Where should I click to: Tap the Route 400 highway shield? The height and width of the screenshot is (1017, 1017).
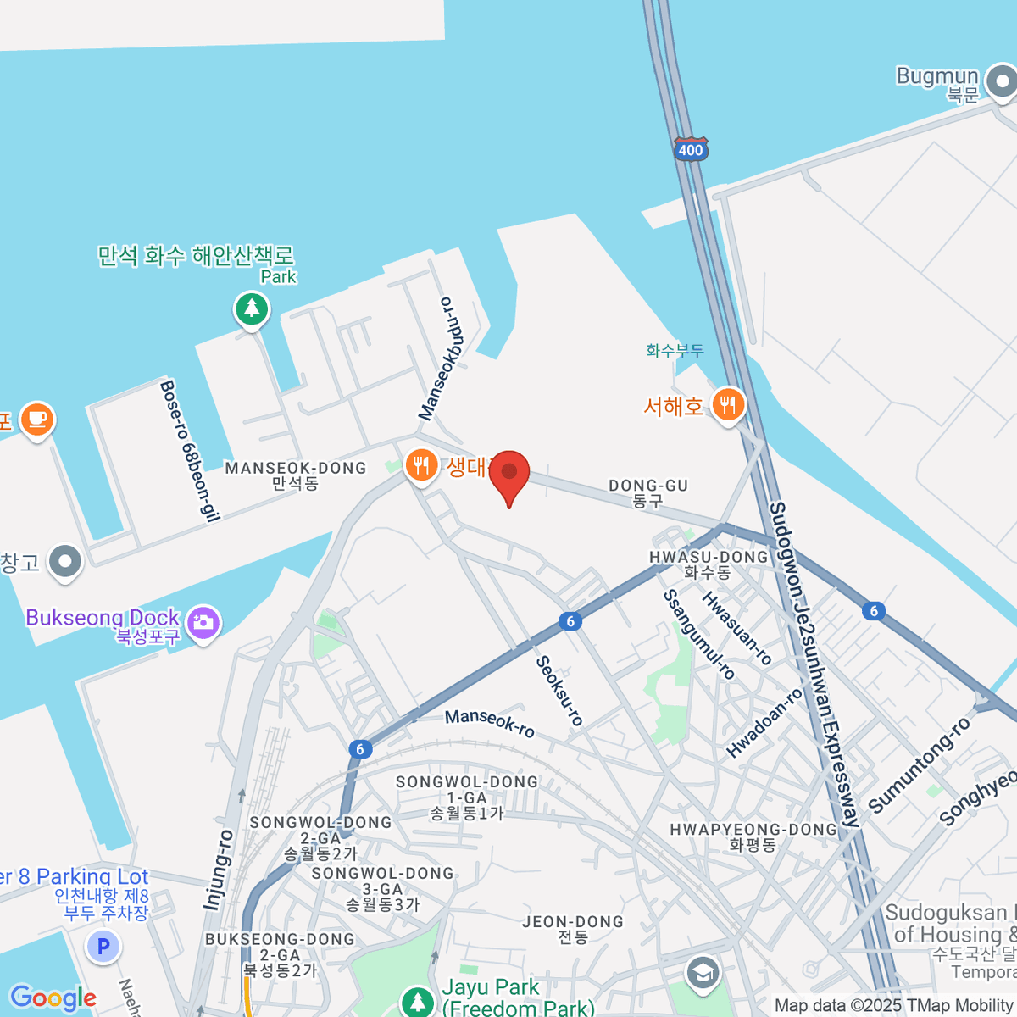click(x=691, y=149)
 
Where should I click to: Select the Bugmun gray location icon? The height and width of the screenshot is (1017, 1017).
click(x=1003, y=83)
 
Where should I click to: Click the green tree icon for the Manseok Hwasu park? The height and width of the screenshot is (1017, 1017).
click(x=252, y=308)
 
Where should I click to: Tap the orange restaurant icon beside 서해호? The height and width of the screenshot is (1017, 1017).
click(x=727, y=405)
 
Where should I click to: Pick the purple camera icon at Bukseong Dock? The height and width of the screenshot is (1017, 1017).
click(x=203, y=624)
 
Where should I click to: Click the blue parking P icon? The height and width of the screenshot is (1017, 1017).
click(x=103, y=946)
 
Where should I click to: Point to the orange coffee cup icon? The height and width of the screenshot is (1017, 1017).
click(x=36, y=419)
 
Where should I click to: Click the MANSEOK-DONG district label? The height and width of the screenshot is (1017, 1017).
click(x=295, y=475)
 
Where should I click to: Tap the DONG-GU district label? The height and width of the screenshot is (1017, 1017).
click(x=648, y=492)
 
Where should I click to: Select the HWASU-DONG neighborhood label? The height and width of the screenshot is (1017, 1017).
click(x=709, y=564)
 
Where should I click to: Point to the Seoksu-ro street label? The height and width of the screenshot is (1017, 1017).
click(x=559, y=691)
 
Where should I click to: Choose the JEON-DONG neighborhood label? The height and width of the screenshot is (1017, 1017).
click(x=573, y=928)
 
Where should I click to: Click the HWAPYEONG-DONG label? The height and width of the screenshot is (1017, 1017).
click(x=753, y=836)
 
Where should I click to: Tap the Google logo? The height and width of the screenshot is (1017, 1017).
click(x=53, y=998)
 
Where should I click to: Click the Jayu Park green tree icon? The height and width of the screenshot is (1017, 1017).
click(x=417, y=1000)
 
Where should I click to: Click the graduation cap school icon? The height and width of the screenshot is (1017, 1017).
click(x=703, y=974)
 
